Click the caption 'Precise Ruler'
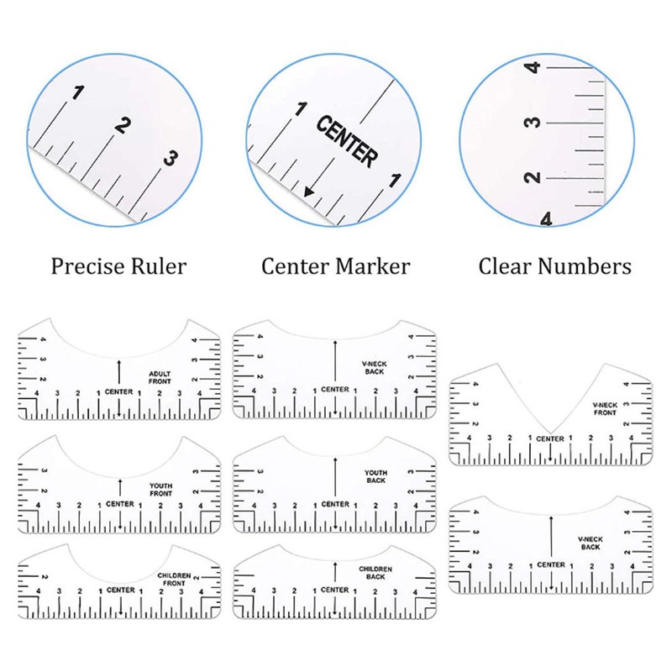coord(118,266)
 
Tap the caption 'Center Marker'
coord(335,266)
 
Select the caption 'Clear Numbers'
coord(554,266)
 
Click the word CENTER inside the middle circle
coord(347,141)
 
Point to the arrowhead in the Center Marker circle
coord(308,192)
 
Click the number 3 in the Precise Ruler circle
coord(171,159)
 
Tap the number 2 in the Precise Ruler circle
coord(122,125)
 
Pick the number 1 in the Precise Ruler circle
coord(78,92)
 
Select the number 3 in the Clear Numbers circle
coord(533,123)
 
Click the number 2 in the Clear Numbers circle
coord(533,177)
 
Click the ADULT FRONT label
coord(160,377)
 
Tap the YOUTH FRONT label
coord(160,490)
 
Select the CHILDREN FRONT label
coord(174,580)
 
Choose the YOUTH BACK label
coord(375,476)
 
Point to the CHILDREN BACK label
coord(375,573)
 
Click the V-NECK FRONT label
coord(605,409)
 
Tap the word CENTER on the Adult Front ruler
coord(118,391)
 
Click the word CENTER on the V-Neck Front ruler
coord(550,438)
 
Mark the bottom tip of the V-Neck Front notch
coord(551,433)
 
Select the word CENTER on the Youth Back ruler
coord(335,504)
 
